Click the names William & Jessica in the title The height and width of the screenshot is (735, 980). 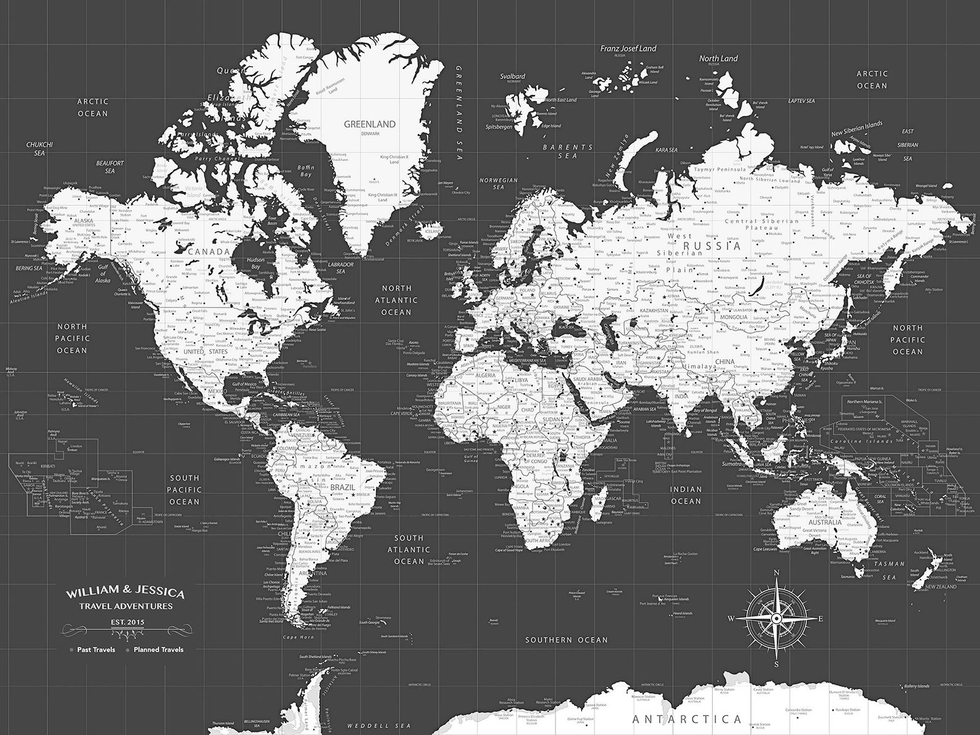(x=125, y=594)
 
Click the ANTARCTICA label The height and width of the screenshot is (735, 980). (x=687, y=718)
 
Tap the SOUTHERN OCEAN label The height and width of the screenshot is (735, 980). (x=566, y=640)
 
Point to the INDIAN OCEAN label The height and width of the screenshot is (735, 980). (x=686, y=494)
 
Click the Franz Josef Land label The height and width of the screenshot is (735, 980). (x=629, y=48)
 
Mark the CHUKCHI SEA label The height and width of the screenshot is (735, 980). (x=39, y=149)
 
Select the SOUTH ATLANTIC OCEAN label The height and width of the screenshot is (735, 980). (x=409, y=549)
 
